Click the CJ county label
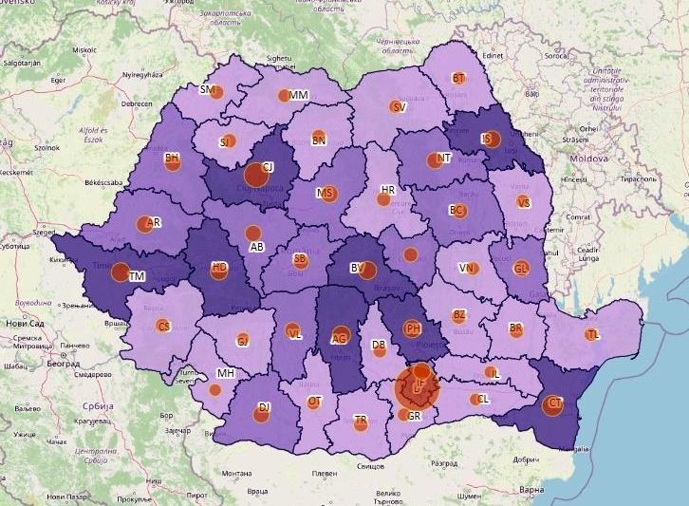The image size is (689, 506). coord(268,167)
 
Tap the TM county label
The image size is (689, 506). coord(138,276)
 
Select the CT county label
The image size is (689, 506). coord(556,403)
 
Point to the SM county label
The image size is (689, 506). coord(206,90)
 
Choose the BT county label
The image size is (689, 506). coord(459,79)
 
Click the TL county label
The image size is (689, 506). coord(593,335)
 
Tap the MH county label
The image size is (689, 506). coord(226,373)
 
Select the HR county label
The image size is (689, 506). coord(387,191)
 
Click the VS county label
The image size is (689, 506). coord(524,202)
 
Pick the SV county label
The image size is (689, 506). coord(400,107)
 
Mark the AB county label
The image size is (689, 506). coord(256,247)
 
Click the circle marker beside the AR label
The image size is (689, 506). coord(144,224)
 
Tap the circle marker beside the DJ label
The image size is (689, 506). coord(264,411)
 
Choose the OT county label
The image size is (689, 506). coord(315,402)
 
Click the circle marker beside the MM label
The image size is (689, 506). coord(284,95)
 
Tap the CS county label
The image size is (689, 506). coord(163,327)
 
